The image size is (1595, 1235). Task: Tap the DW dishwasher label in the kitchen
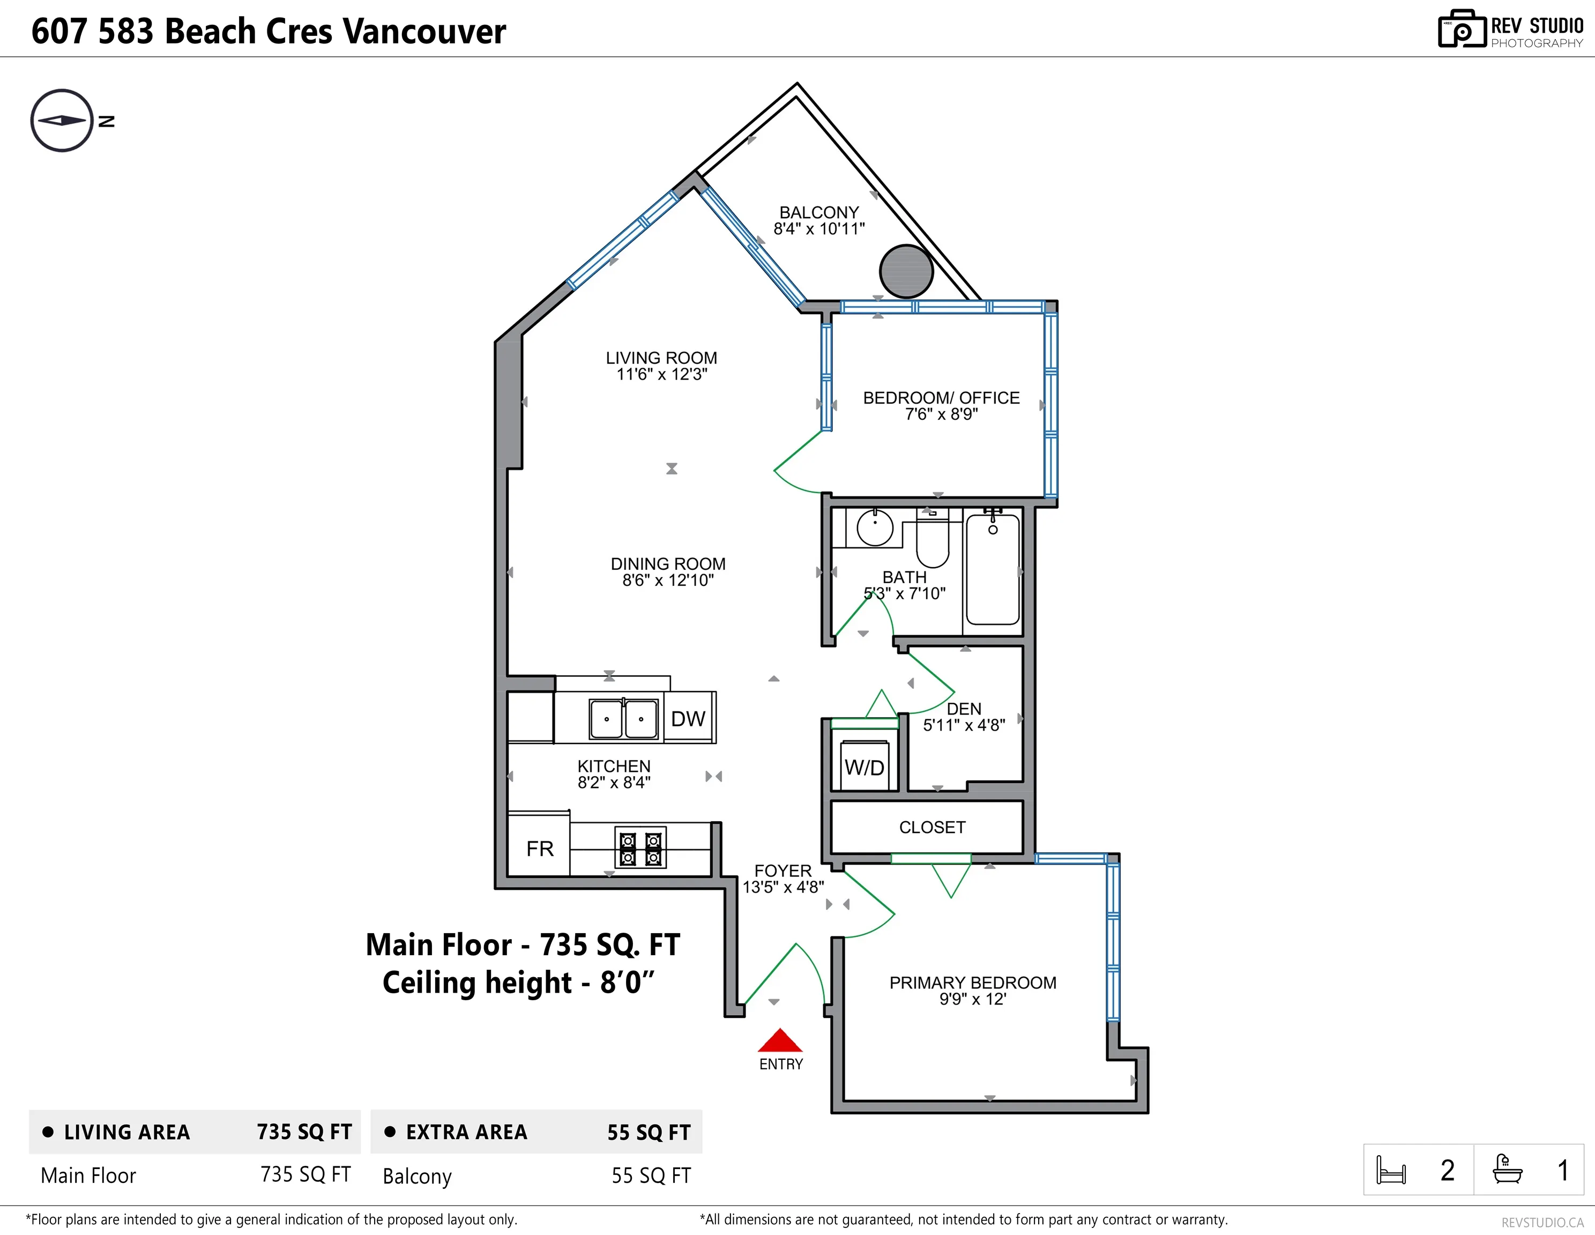click(688, 719)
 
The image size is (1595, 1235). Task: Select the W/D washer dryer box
click(864, 766)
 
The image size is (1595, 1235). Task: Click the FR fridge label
click(540, 849)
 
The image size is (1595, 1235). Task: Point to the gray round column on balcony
click(906, 271)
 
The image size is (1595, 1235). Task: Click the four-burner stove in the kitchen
click(640, 849)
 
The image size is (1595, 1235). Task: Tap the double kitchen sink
click(623, 719)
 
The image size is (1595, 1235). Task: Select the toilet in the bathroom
click(933, 540)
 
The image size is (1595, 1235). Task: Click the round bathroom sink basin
click(874, 527)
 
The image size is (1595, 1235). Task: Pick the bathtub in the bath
click(993, 570)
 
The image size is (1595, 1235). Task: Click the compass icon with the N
click(63, 121)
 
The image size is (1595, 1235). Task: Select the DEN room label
click(964, 709)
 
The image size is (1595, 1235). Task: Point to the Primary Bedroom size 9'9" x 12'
click(972, 999)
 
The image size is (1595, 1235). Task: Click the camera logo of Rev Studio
click(1462, 30)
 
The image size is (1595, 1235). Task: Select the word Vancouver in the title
click(424, 32)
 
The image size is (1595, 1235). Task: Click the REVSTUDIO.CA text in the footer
click(1542, 1222)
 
